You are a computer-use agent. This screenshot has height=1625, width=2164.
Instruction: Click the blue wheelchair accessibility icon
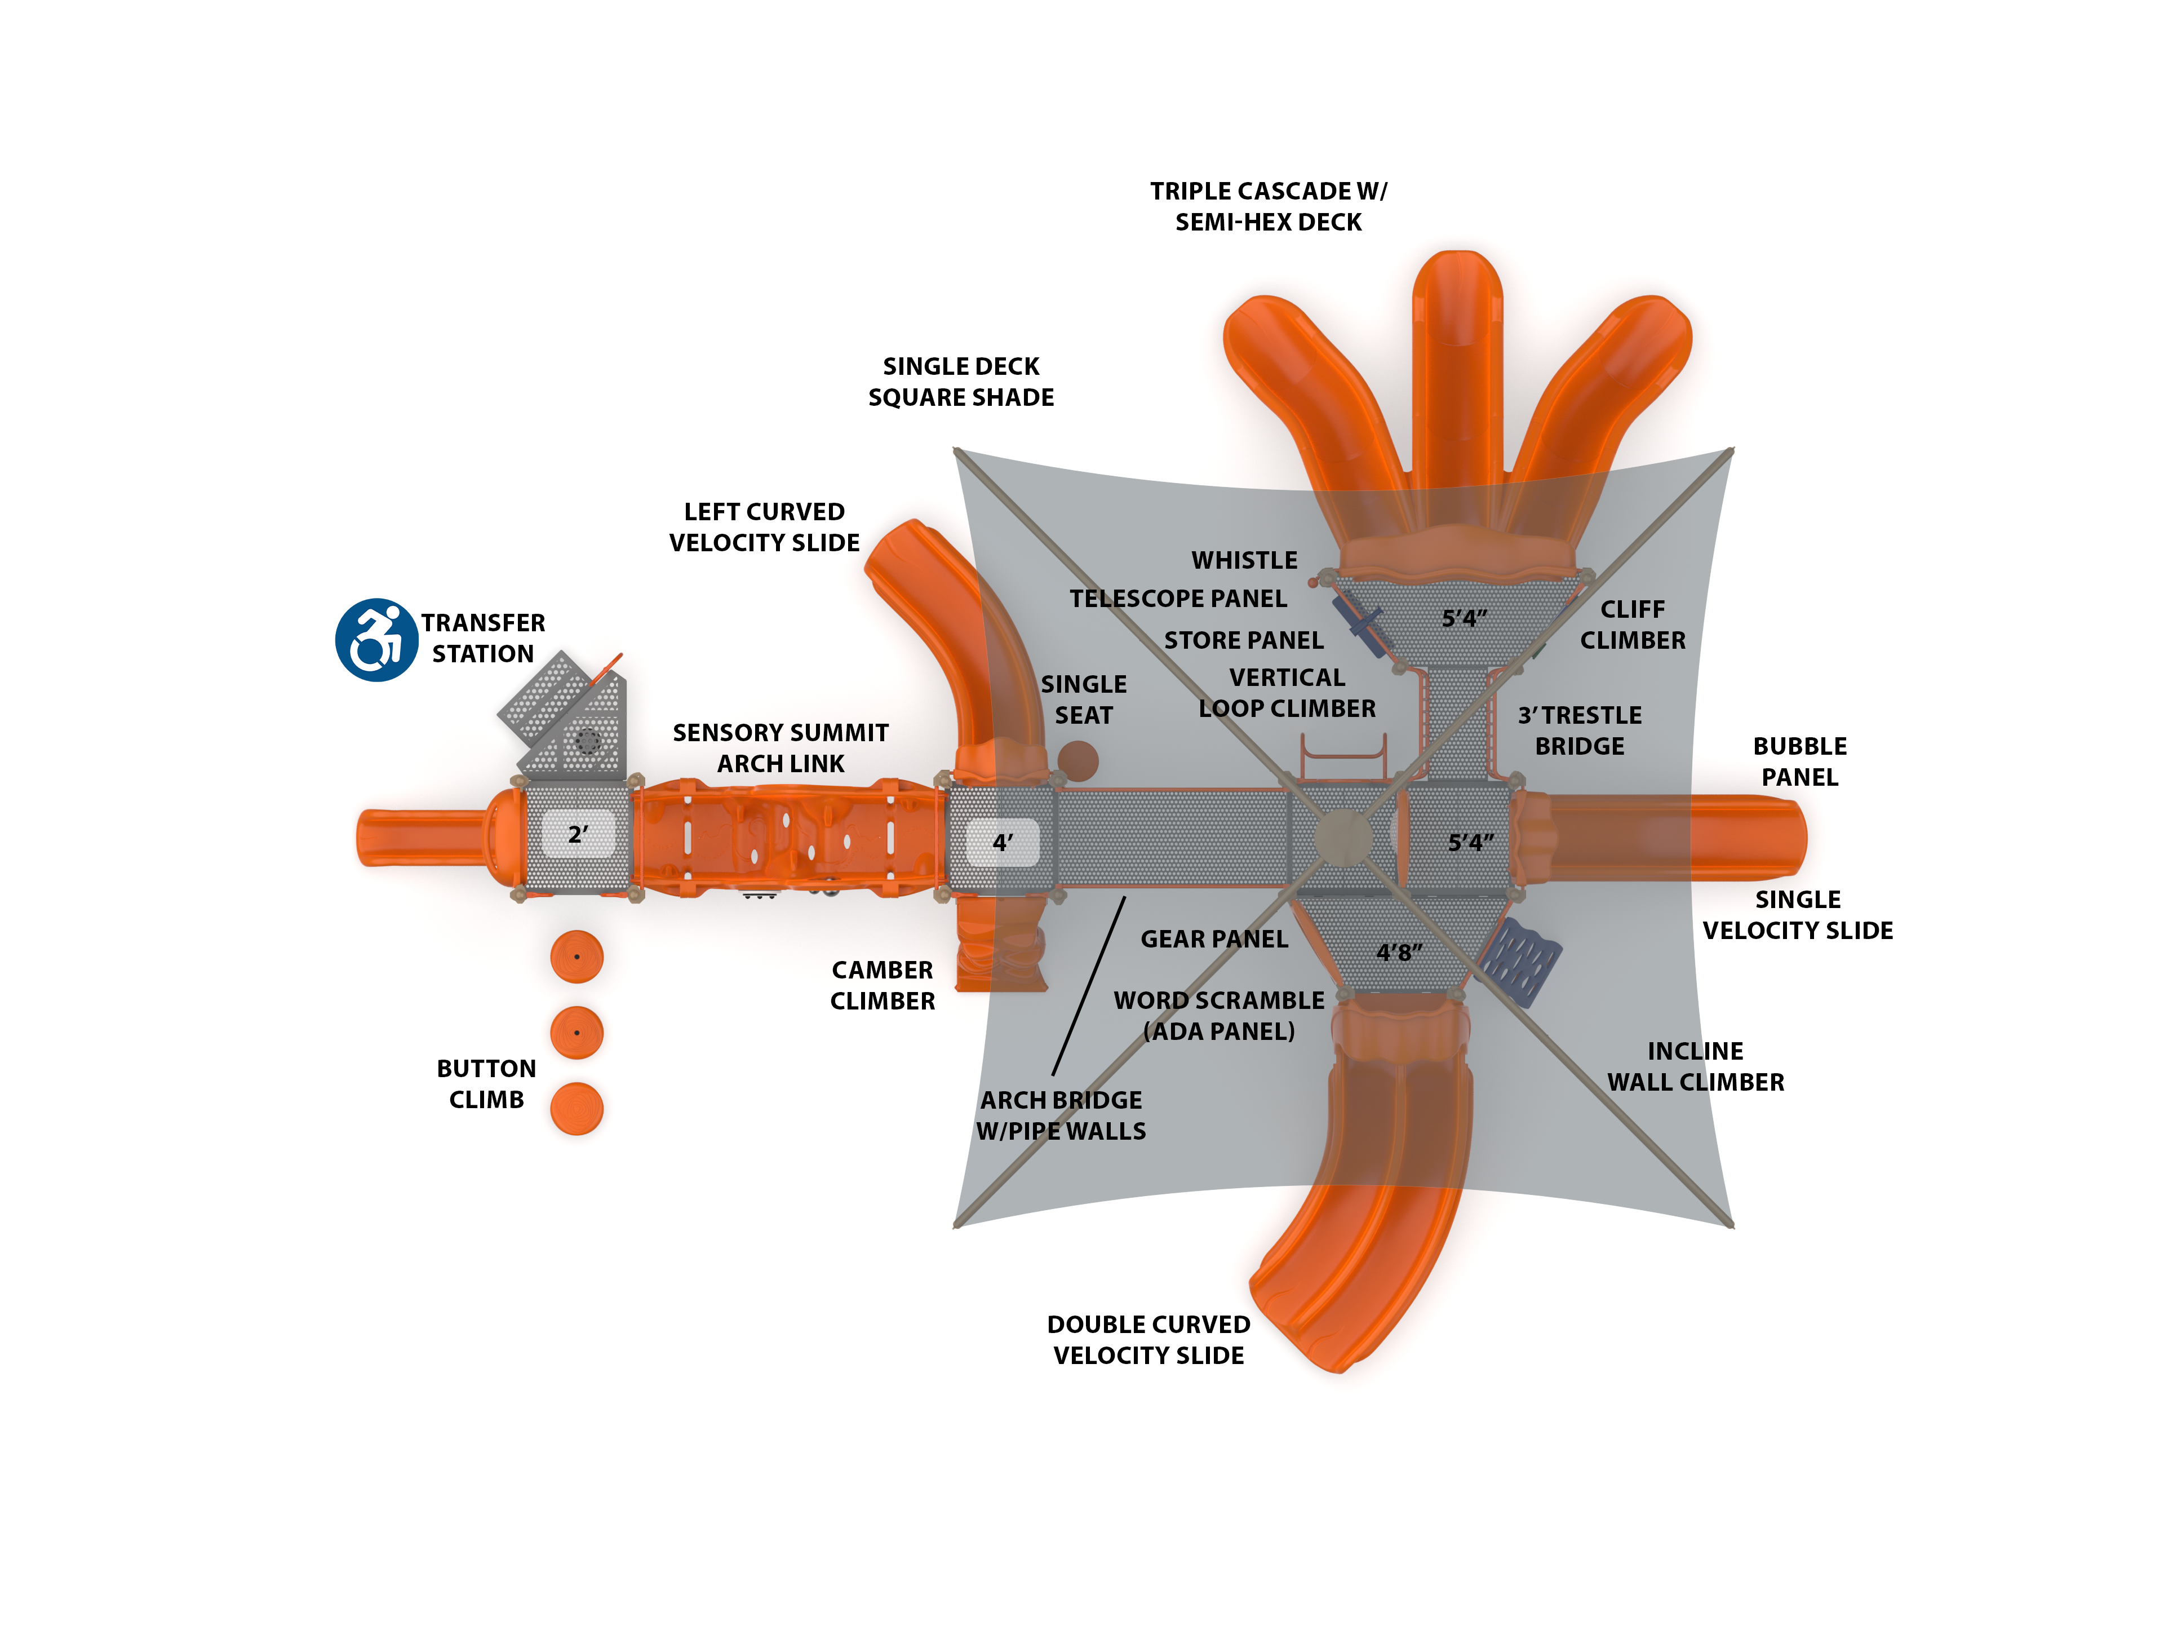point(376,640)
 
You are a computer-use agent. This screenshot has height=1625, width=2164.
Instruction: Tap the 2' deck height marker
point(578,835)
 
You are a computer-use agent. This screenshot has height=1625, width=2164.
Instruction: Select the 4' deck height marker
point(1003,842)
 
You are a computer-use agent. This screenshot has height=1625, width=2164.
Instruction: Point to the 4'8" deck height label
point(1400,952)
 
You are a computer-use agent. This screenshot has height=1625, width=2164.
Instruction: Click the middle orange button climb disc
point(576,1032)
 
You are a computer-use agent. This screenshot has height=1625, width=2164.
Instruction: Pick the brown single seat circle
point(1077,761)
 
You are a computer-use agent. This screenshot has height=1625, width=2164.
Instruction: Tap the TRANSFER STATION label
point(484,638)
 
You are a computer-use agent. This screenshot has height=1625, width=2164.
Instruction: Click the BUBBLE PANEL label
point(1799,761)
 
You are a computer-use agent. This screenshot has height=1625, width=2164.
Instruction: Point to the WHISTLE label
point(1244,561)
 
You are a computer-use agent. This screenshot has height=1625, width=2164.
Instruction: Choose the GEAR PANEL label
point(1214,939)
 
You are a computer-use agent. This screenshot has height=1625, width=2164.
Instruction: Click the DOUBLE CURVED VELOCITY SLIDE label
point(1148,1339)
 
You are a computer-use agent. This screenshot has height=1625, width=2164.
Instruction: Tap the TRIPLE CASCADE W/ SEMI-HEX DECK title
point(1268,206)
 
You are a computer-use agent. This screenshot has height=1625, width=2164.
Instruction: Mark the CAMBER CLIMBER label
point(883,985)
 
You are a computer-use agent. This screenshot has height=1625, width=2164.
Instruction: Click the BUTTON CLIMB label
point(486,1084)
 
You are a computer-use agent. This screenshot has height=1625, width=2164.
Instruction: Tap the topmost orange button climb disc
point(576,956)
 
